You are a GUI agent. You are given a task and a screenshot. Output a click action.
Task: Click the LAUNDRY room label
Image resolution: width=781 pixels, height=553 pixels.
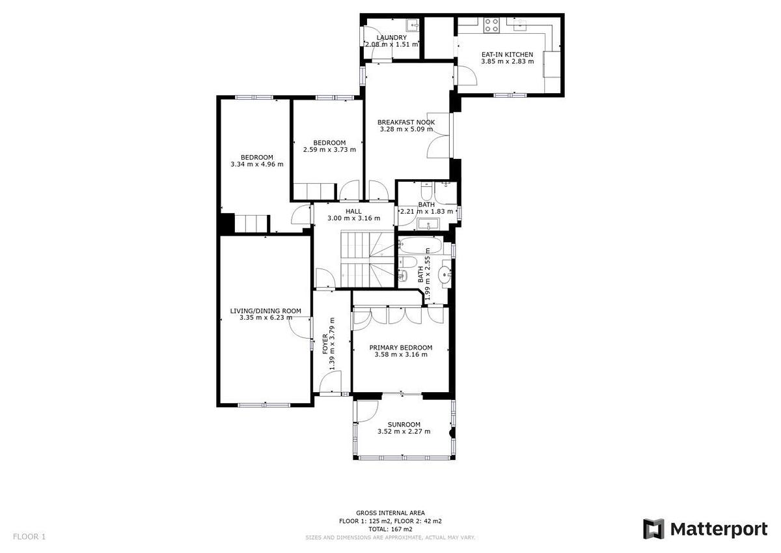click(x=392, y=38)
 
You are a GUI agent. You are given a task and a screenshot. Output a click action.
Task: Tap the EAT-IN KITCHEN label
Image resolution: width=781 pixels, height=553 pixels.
click(x=507, y=55)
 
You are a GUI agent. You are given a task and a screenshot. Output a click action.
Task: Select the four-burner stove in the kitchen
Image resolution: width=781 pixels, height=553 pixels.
click(x=491, y=25)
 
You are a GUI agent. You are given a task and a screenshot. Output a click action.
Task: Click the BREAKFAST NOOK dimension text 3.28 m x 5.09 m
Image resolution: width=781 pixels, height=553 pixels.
click(x=407, y=129)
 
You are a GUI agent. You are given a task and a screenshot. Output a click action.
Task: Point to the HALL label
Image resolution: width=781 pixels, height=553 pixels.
click(x=353, y=212)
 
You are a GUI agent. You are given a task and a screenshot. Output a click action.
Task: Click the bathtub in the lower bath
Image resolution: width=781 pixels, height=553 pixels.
click(x=420, y=246)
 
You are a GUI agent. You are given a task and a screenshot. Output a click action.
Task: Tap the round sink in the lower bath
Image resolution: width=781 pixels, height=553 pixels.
click(x=445, y=274)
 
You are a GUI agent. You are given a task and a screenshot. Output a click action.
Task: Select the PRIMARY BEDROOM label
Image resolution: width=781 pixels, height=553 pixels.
click(x=401, y=348)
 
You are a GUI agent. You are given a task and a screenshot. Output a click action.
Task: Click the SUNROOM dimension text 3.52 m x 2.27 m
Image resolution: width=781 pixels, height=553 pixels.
click(x=404, y=431)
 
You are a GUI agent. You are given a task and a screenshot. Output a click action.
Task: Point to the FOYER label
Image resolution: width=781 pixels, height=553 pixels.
click(x=325, y=344)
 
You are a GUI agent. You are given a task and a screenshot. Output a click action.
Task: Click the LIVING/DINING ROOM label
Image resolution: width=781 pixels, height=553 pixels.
click(x=266, y=311)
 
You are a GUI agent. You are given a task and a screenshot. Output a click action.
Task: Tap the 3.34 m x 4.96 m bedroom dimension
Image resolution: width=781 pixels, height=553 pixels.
click(x=257, y=164)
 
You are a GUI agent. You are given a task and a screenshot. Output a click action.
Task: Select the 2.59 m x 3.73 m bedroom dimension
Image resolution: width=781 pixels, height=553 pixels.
click(x=329, y=150)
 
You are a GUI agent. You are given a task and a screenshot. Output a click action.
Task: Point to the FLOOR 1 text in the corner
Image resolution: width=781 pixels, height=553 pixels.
click(x=29, y=537)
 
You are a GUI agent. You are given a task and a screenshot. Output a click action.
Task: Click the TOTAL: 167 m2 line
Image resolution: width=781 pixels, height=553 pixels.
click(x=390, y=529)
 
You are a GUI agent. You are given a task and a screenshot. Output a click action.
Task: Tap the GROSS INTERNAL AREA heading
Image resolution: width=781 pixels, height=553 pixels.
click(x=390, y=513)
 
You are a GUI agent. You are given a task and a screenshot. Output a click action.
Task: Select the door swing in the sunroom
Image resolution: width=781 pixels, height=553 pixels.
click(x=367, y=412)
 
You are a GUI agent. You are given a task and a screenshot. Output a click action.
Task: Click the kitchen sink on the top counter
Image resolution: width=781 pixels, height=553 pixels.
click(x=521, y=24)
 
